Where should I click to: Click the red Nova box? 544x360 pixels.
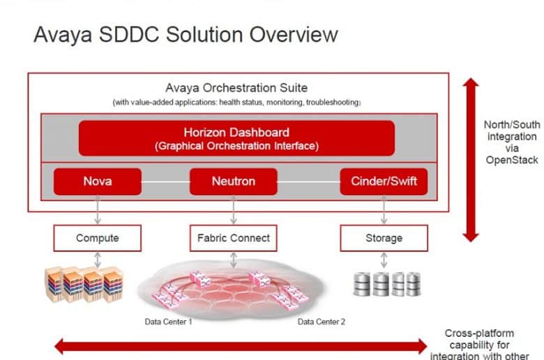[x=98, y=181]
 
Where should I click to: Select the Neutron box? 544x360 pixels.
[x=234, y=181]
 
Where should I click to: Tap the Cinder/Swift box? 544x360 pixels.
[x=384, y=181]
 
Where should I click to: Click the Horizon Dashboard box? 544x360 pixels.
[x=236, y=138]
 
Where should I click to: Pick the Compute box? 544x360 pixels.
[x=98, y=238]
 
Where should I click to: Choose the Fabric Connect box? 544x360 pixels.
[x=234, y=238]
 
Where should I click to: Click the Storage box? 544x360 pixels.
[x=384, y=238]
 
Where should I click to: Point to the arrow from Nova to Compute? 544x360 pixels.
[x=98, y=210]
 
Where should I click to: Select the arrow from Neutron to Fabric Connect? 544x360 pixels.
[x=234, y=210]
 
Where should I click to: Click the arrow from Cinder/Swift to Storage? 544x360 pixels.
[x=384, y=210]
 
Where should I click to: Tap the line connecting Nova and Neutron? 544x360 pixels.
[x=165, y=182]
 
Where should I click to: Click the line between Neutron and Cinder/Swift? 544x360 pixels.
[x=308, y=182]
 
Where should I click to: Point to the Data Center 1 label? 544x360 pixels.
[x=168, y=322]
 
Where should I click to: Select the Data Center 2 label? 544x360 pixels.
[x=322, y=322]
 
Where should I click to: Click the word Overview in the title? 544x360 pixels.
[x=294, y=35]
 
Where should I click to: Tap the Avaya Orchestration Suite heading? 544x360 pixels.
[x=236, y=88]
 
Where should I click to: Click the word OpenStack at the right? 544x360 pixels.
[x=512, y=160]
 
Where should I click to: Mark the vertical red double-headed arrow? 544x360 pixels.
[x=471, y=160]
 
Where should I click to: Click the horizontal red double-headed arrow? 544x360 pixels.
[x=241, y=347]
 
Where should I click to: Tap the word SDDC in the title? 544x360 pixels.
[x=129, y=35]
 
